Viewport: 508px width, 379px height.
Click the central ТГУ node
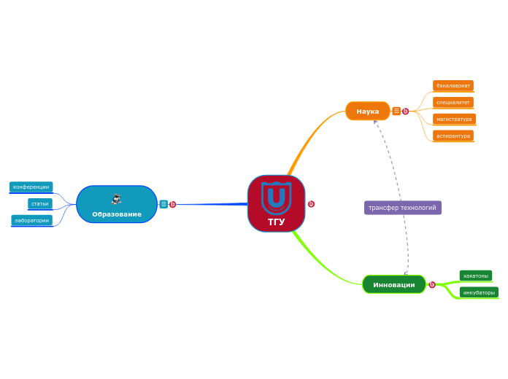[277, 203]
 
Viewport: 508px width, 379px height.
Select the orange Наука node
[368, 111]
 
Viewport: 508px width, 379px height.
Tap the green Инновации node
[394, 284]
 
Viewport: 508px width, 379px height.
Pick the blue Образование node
[117, 204]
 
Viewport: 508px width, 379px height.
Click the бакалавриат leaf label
[453, 86]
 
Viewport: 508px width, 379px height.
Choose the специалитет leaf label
[453, 103]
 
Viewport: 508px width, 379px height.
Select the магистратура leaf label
[454, 119]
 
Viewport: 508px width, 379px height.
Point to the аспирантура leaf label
[453, 136]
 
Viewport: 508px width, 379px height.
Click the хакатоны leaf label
[476, 276]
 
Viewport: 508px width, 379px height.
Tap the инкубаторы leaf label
[479, 292]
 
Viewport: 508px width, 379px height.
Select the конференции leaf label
[31, 187]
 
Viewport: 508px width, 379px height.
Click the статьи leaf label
[40, 204]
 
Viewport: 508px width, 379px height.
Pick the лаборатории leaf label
[32, 220]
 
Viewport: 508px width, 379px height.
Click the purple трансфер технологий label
[403, 208]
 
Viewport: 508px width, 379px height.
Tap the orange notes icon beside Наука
[396, 111]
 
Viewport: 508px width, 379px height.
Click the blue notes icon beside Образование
[163, 204]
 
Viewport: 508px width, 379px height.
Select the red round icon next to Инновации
[432, 285]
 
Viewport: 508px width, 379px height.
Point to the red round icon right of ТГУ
[311, 204]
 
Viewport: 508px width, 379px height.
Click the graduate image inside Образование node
[117, 200]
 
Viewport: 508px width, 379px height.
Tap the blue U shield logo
[277, 198]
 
